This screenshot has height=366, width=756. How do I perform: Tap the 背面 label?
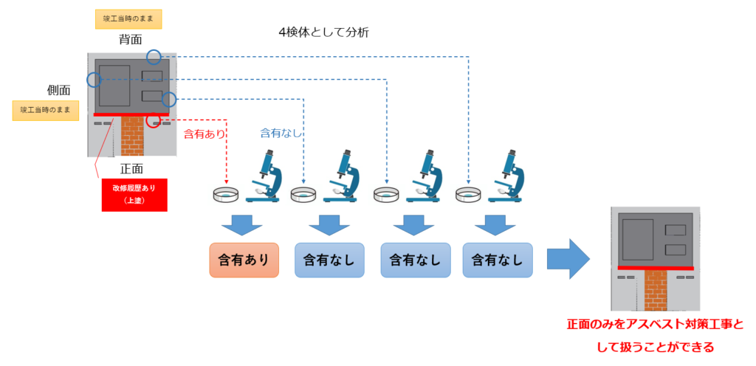click(x=130, y=39)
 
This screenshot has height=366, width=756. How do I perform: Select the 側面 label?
click(x=58, y=90)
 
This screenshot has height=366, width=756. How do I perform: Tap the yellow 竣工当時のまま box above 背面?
click(x=128, y=18)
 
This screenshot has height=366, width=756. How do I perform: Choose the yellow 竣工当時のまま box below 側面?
click(x=45, y=111)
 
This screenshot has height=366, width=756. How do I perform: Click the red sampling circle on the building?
click(x=154, y=120)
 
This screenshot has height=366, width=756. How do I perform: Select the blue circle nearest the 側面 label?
click(x=94, y=79)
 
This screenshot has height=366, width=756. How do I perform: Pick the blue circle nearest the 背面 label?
click(x=153, y=56)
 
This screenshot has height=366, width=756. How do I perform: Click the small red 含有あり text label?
click(x=202, y=134)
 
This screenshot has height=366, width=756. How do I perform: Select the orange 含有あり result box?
click(x=244, y=260)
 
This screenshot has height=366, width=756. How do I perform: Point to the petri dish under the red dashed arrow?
click(x=227, y=195)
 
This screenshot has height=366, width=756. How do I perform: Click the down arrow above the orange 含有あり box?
click(x=244, y=223)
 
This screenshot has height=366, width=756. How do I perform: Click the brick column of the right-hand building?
click(x=656, y=289)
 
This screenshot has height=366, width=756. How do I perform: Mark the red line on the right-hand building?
click(x=656, y=268)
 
